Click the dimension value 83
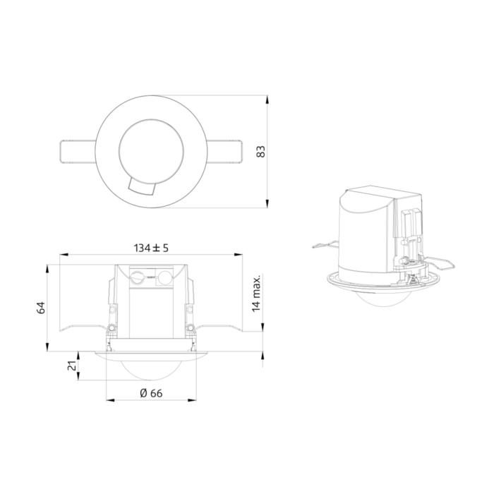tap(261, 152)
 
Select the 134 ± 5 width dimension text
tap(151, 248)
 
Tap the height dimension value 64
tap(41, 308)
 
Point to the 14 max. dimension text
tap(257, 294)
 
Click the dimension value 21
tap(73, 366)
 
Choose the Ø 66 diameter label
tap(151, 394)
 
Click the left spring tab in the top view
tap(78, 152)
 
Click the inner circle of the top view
tap(151, 119)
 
